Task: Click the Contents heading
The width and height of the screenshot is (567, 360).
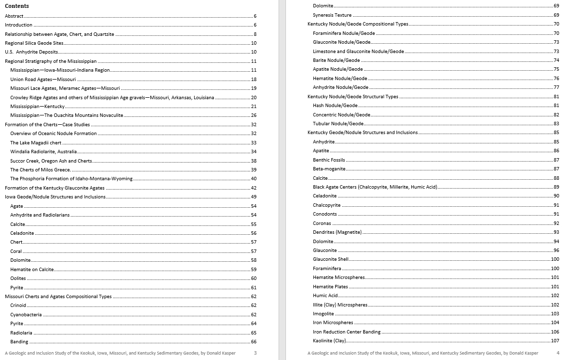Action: (x=17, y=6)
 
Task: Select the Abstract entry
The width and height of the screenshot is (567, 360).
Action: (x=14, y=16)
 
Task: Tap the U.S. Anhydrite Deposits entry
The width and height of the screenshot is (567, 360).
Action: (x=31, y=52)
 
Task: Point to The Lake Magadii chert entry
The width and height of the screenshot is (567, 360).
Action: (x=35, y=143)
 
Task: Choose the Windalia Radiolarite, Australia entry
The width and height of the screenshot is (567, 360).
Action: (x=43, y=152)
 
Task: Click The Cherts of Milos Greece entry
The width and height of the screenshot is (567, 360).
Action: (x=40, y=170)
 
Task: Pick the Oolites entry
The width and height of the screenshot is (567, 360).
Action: (x=18, y=278)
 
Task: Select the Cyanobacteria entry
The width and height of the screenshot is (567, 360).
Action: (x=26, y=315)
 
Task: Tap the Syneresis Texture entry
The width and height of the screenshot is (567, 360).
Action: (x=332, y=15)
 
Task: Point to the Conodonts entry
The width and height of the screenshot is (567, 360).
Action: (x=325, y=214)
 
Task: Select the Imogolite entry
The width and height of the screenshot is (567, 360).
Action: (x=323, y=314)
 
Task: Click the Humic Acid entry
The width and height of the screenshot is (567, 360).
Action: (x=325, y=296)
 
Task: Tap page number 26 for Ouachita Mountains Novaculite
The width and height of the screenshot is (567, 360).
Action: (x=254, y=115)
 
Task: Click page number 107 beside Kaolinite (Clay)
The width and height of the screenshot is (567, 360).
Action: (x=555, y=341)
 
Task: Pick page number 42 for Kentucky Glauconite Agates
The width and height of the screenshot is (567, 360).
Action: (x=254, y=188)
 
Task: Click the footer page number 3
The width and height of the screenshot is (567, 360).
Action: (x=255, y=353)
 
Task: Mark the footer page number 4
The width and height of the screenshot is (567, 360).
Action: (x=558, y=353)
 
